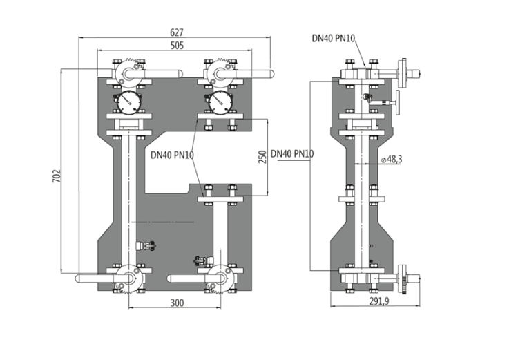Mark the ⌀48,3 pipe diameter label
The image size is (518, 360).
point(392,160)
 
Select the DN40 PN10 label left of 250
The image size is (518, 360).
point(172,155)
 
